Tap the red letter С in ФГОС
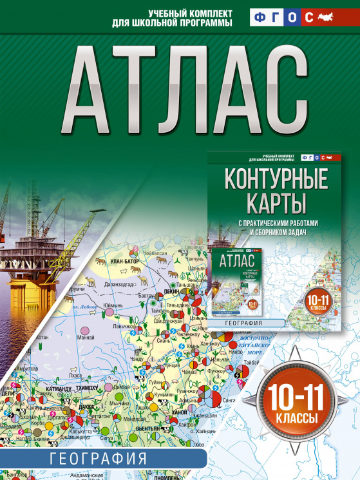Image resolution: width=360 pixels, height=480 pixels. [308, 18]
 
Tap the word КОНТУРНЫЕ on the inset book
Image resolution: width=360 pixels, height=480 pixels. [275, 178]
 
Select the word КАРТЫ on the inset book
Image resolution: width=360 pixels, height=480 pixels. [275, 205]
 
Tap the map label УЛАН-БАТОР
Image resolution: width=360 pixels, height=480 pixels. [126, 262]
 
